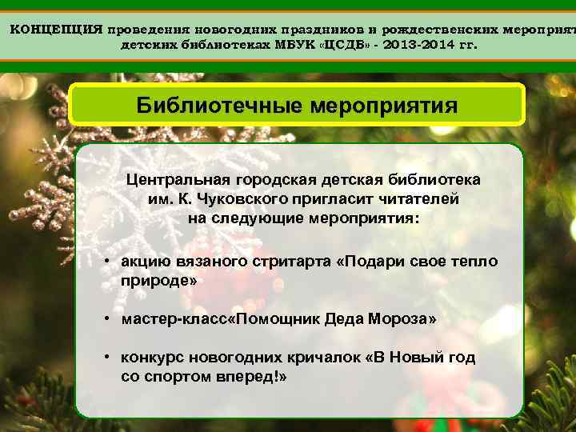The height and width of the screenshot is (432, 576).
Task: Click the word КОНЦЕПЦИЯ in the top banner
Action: click(x=55, y=30)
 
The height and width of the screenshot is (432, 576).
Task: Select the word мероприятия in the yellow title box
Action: click(x=383, y=106)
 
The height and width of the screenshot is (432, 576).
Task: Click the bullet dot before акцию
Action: click(x=106, y=262)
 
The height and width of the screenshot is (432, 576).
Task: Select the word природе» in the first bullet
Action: click(x=158, y=281)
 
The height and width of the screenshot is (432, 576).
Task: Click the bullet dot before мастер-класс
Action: click(x=106, y=319)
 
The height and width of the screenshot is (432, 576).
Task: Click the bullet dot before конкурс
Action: click(x=106, y=358)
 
